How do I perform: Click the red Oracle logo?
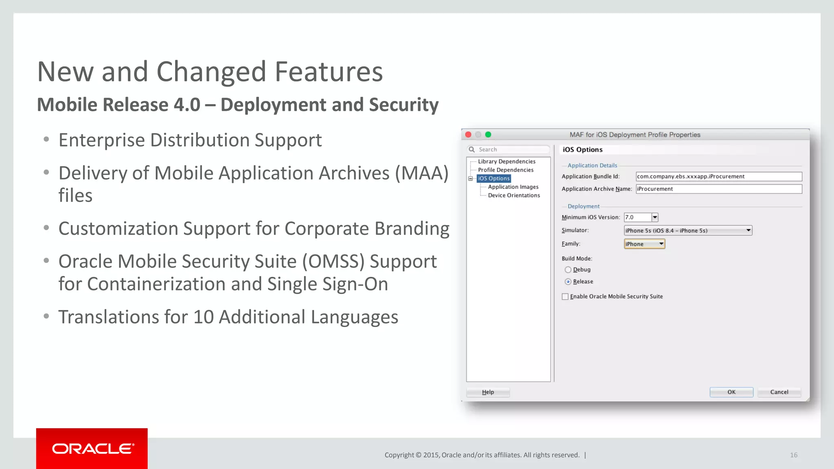92,448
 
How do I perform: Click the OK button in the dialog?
731,392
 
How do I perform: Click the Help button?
488,392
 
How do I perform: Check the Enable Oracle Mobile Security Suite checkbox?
565,296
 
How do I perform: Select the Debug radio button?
568,270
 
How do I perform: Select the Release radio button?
568,281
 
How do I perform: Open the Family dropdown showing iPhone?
644,244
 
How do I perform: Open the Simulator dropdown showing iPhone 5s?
688,230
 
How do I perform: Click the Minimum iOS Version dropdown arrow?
655,217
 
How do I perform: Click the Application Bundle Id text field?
719,176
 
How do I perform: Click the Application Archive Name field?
719,189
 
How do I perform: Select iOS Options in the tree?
494,178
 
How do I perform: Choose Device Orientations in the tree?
514,195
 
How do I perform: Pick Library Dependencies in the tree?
507,162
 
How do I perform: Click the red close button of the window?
468,134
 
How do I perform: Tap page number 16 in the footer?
794,455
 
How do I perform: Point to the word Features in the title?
329,72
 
